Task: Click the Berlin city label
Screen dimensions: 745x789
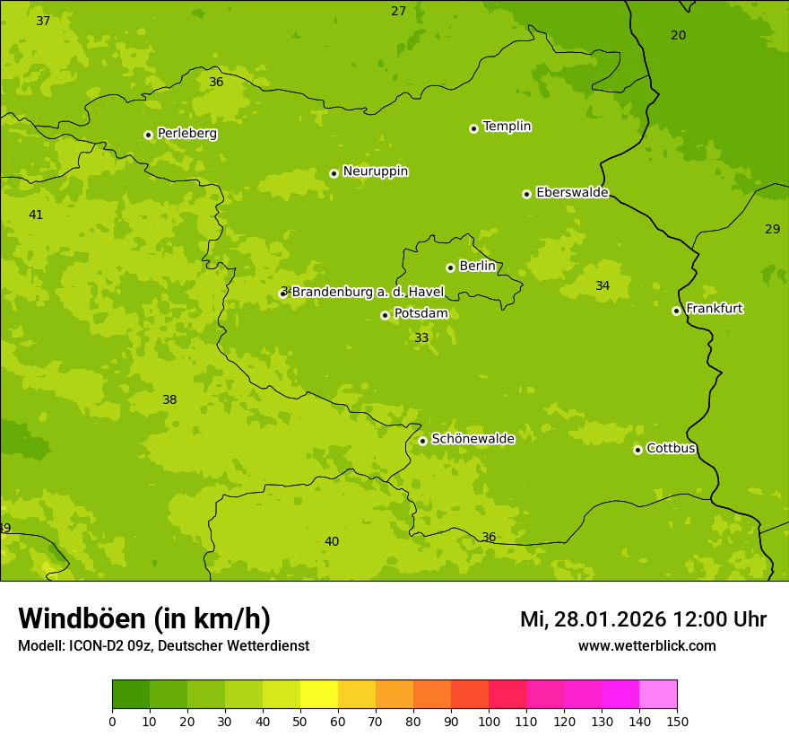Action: click(x=477, y=267)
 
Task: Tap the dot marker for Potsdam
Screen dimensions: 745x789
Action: click(x=385, y=315)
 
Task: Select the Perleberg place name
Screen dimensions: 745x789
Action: click(x=186, y=134)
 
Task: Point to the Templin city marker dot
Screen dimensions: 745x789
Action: click(x=473, y=128)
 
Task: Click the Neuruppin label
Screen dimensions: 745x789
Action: click(x=375, y=171)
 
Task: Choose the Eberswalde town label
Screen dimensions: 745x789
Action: click(x=572, y=193)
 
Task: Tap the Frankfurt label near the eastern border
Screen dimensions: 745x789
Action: click(x=714, y=309)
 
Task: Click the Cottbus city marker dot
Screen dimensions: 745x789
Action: click(x=637, y=450)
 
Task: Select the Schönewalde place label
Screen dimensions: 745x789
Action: click(x=473, y=439)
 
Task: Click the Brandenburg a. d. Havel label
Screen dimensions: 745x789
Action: click(x=368, y=292)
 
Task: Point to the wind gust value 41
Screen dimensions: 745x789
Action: click(x=36, y=215)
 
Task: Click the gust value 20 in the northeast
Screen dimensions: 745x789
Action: click(x=678, y=35)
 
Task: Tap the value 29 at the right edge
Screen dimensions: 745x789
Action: click(x=772, y=229)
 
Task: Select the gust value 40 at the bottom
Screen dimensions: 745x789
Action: click(x=332, y=541)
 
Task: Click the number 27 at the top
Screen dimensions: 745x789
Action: click(x=398, y=11)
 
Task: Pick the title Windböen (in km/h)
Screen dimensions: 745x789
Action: click(x=144, y=618)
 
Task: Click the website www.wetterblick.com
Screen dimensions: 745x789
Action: click(x=646, y=645)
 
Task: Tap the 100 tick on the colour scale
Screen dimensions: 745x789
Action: click(x=489, y=720)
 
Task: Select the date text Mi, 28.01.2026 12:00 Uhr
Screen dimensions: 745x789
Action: click(x=643, y=619)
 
